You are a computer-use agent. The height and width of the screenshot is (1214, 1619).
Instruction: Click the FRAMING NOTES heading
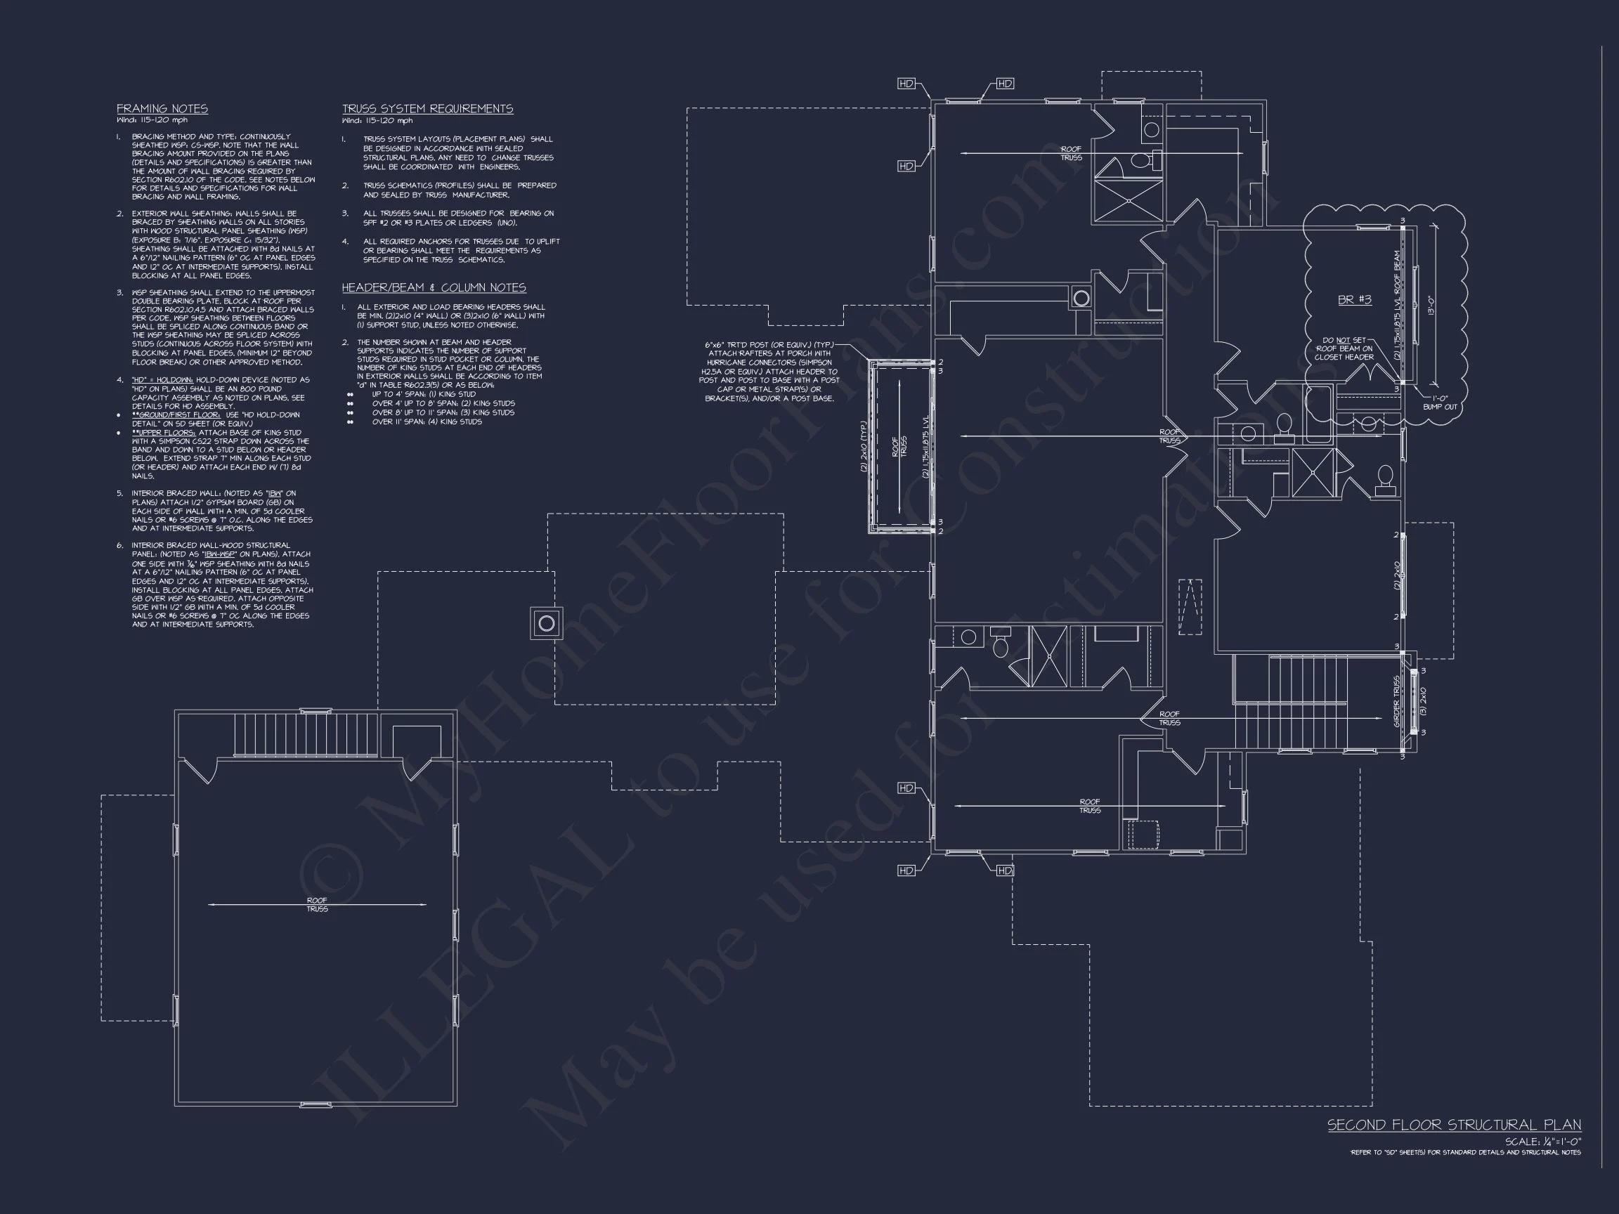[162, 108]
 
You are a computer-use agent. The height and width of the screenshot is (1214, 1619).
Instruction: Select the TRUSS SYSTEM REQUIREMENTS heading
[427, 108]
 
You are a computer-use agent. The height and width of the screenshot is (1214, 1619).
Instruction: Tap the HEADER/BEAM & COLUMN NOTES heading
[434, 287]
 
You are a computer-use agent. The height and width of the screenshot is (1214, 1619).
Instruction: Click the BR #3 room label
[1354, 299]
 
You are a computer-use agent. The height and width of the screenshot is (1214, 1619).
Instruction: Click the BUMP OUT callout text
[1440, 407]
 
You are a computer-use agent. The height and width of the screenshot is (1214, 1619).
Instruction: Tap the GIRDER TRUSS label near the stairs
[1396, 701]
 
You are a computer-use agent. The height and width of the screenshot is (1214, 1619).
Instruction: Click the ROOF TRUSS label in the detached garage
[317, 904]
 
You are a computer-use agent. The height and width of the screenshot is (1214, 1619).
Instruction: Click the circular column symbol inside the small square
[546, 623]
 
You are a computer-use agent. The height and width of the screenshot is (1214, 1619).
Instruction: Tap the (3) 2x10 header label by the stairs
[1423, 701]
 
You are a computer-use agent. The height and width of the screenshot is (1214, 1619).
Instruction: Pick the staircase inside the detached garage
[306, 733]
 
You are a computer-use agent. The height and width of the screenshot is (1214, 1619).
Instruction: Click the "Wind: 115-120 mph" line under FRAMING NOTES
[152, 120]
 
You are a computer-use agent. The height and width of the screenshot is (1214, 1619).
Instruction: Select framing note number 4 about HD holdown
[221, 393]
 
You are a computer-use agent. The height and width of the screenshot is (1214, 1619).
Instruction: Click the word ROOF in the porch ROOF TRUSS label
[895, 448]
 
